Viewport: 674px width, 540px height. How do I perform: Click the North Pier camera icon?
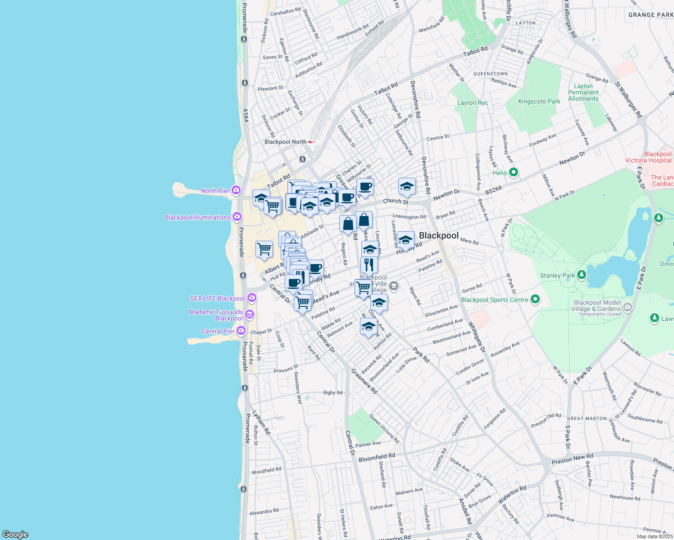click(235, 190)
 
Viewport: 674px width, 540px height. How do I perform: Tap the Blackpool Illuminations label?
click(197, 217)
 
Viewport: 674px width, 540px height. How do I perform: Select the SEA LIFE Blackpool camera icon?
click(252, 298)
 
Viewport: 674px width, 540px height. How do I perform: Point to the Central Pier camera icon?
click(241, 331)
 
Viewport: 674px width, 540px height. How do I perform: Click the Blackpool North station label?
click(285, 142)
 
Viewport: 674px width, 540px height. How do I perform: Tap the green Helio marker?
click(513, 172)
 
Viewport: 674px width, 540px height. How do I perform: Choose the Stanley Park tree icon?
click(582, 274)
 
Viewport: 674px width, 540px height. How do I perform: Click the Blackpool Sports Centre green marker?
click(535, 299)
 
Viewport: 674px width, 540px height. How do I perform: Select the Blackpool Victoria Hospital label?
click(648, 157)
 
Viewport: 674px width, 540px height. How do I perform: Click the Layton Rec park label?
click(473, 103)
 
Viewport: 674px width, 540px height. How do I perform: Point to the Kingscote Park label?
click(539, 101)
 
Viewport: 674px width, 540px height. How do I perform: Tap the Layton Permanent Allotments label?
click(583, 92)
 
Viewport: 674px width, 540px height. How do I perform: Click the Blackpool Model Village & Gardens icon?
click(627, 307)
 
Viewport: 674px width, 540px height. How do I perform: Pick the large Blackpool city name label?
click(439, 235)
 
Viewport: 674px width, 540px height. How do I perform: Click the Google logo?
click(15, 534)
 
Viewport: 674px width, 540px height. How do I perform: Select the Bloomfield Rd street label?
click(377, 458)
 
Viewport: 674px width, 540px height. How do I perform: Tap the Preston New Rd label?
click(572, 459)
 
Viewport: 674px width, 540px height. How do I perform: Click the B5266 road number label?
click(493, 190)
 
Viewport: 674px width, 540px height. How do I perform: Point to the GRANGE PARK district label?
click(651, 15)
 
